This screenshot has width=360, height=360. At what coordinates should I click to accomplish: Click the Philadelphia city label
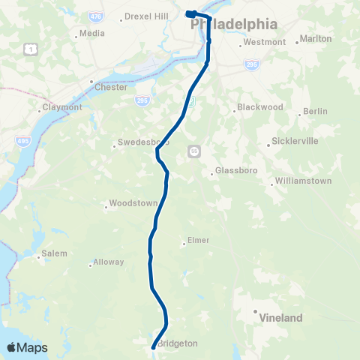point(235,24)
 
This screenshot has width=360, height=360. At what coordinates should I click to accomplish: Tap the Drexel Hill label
point(148,16)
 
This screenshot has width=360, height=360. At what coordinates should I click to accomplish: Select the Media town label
point(91,33)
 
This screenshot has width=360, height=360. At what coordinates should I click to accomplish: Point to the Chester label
point(111,87)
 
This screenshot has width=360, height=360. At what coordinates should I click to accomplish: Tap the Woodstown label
point(133,203)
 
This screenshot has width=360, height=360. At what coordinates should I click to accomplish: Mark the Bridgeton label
point(178,343)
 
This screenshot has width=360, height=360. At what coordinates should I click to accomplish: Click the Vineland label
point(280,318)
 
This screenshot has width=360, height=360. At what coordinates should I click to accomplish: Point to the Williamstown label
point(303,181)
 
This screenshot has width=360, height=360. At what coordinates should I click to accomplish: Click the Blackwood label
point(259,107)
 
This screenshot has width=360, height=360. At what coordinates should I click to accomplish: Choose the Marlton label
point(315,38)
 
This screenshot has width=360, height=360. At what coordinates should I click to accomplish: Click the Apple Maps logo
point(27,348)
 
